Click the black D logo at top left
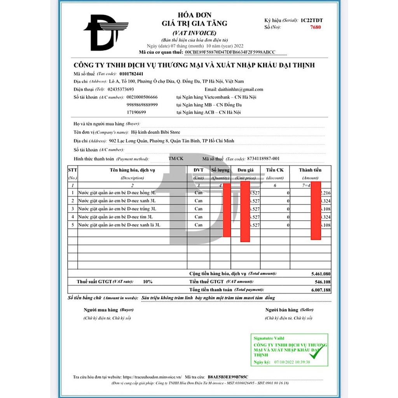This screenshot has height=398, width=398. tap(103, 33)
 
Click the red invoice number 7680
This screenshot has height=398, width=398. tap(316, 27)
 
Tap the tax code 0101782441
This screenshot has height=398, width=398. tap(132, 74)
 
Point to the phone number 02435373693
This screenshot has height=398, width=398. tap(124, 89)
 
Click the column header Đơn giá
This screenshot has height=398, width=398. tap(246, 170)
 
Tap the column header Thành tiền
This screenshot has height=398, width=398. tap(310, 170)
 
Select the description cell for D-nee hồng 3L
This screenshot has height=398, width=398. tap(117, 193)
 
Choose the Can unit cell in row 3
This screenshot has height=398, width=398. tap(199, 209)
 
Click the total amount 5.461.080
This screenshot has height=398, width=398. tap(321, 274)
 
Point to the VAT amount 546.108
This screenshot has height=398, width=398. tap(323, 282)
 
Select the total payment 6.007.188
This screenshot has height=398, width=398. tap(321, 290)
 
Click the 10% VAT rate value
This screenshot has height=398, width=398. tap(148, 281)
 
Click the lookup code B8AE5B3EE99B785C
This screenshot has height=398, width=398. tap(228, 377)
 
